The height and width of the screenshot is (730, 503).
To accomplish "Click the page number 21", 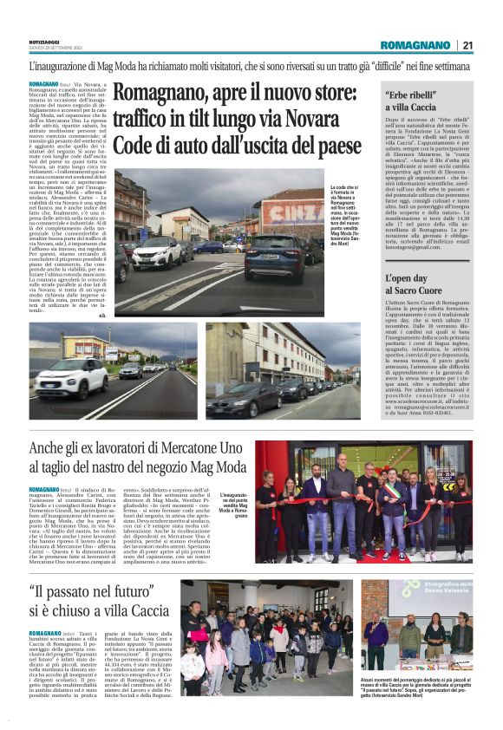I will tap(467, 45).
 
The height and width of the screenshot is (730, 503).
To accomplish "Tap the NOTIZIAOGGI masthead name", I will tap(43, 42).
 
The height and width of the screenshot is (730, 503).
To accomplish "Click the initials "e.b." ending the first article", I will tap(101, 316).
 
